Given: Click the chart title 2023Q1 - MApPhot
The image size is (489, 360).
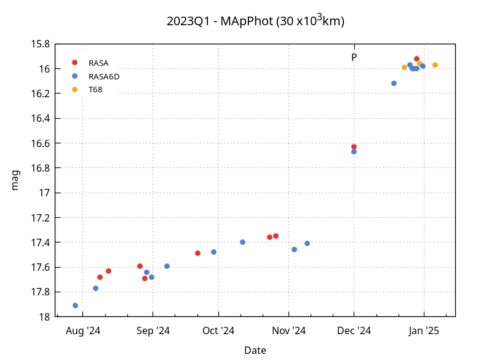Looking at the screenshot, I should tap(255, 21).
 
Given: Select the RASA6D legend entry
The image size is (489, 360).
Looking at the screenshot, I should tap(104, 76).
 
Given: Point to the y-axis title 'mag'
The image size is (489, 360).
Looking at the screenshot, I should tap(16, 180).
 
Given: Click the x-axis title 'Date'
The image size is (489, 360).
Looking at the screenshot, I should tap(255, 351).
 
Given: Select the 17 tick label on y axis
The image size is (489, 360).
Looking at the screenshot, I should tap(44, 193).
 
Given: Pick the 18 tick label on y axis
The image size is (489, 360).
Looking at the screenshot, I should tap(44, 317).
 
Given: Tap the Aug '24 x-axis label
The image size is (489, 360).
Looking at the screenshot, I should tap(83, 331).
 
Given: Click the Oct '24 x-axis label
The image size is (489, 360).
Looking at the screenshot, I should tap(218, 331).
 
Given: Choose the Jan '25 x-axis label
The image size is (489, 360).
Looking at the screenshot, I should tap(424, 331).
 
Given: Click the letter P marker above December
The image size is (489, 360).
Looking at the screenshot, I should tap(354, 57).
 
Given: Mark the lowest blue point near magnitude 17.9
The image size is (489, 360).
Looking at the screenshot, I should tap(75, 305).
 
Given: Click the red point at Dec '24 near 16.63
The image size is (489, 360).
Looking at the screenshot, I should tap(354, 146).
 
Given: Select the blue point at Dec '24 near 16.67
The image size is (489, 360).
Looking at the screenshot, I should tap(354, 151).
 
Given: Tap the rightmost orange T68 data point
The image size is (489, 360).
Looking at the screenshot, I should tap(435, 65).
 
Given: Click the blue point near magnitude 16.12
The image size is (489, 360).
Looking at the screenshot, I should tap(394, 83).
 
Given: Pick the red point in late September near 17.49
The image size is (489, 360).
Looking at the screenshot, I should tap(197, 253).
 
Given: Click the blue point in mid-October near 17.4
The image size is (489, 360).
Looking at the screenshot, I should tap(242, 242).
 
